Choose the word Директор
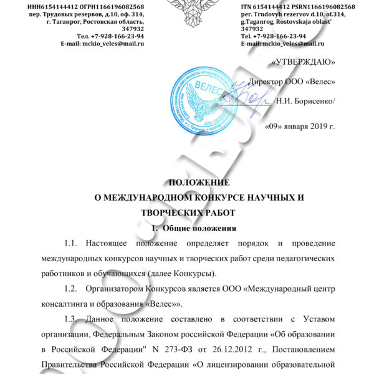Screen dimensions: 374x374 (269, 82)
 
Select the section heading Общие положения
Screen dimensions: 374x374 (203, 228)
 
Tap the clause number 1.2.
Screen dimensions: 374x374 (73, 289)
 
